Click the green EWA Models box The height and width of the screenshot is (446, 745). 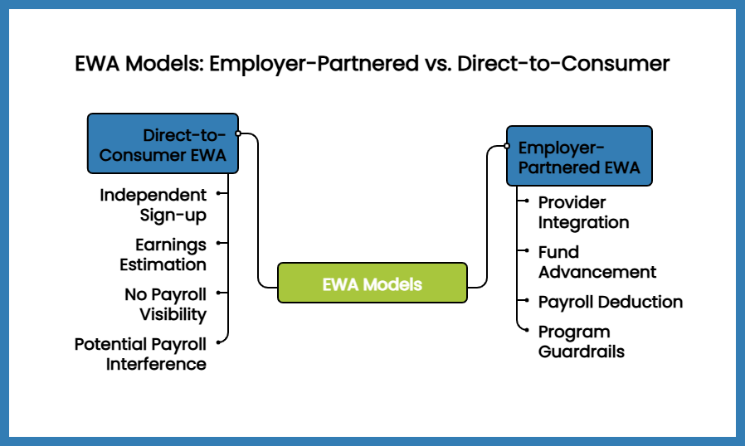click(x=372, y=284)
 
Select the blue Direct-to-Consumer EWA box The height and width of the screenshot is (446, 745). click(x=163, y=144)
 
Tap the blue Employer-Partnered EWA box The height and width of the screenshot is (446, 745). click(x=579, y=157)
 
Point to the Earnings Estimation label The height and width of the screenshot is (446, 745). click(x=163, y=255)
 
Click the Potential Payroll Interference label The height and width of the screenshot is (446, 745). click(x=140, y=353)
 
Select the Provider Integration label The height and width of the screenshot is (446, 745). click(x=583, y=212)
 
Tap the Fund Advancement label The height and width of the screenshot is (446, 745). click(x=596, y=262)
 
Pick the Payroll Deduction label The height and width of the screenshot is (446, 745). click(x=610, y=302)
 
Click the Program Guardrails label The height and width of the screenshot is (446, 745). click(x=581, y=341)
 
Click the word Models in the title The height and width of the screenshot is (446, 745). click(x=160, y=64)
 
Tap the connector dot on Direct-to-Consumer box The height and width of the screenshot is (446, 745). click(x=238, y=133)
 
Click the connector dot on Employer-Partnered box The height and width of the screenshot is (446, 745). click(x=506, y=146)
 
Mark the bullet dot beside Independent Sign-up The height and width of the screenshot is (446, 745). click(x=218, y=193)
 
